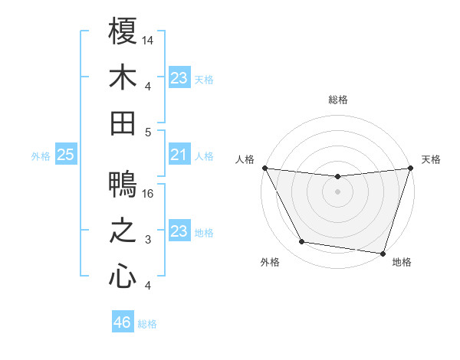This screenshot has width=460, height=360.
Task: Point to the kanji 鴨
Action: (x=123, y=185)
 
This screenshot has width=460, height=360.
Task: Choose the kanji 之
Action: (x=123, y=231)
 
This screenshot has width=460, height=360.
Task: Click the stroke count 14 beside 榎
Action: (x=148, y=39)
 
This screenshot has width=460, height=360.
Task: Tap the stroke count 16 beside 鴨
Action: (x=148, y=194)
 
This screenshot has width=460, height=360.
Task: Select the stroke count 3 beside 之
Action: (x=148, y=240)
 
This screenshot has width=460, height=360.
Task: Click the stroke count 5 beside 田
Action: (x=148, y=131)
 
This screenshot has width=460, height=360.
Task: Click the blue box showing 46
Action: (x=122, y=322)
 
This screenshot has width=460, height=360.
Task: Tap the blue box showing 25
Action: (x=65, y=155)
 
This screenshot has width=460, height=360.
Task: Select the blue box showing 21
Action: (x=179, y=155)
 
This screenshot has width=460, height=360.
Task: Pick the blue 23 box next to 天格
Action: (x=179, y=78)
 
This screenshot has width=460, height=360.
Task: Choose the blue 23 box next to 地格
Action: (x=179, y=232)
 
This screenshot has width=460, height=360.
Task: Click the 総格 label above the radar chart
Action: (x=337, y=100)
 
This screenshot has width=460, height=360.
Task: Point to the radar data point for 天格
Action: (x=410, y=169)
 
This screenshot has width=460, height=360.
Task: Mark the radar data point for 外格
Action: (x=302, y=242)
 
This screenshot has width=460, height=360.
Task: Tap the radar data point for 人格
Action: (x=264, y=168)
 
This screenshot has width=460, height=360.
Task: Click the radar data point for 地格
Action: (x=383, y=253)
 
